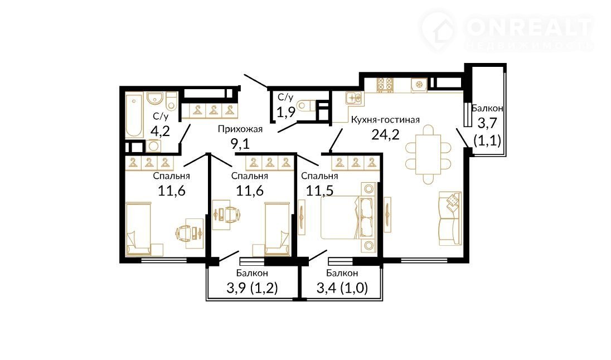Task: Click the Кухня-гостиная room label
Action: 385,120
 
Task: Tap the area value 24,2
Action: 385,135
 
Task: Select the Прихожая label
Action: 240,129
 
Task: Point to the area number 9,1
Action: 240,144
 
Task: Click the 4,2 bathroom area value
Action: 160,132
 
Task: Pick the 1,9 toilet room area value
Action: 286,112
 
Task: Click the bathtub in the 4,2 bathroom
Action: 134,115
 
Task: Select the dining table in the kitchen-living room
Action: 428,154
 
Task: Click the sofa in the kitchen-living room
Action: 450,218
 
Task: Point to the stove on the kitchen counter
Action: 385,85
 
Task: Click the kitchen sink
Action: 354,98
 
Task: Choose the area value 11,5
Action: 319,191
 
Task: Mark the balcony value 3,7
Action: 487,124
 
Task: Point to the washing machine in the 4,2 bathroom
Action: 154,146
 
